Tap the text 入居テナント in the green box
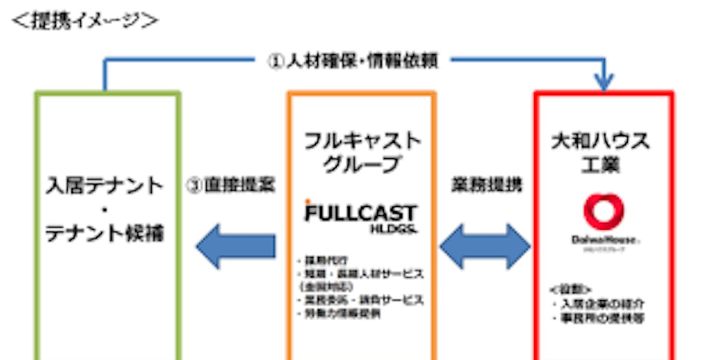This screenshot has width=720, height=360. point(106,185)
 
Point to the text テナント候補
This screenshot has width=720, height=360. point(106,233)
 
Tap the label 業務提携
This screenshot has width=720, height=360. point(486,185)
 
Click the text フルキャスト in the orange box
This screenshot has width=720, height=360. point(362,142)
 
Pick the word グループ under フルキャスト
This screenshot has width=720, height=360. point(362,165)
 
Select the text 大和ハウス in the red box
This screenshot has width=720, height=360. point(601,142)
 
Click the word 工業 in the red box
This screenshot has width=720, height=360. point(601,165)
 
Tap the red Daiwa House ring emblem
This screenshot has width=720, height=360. point(604,212)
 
